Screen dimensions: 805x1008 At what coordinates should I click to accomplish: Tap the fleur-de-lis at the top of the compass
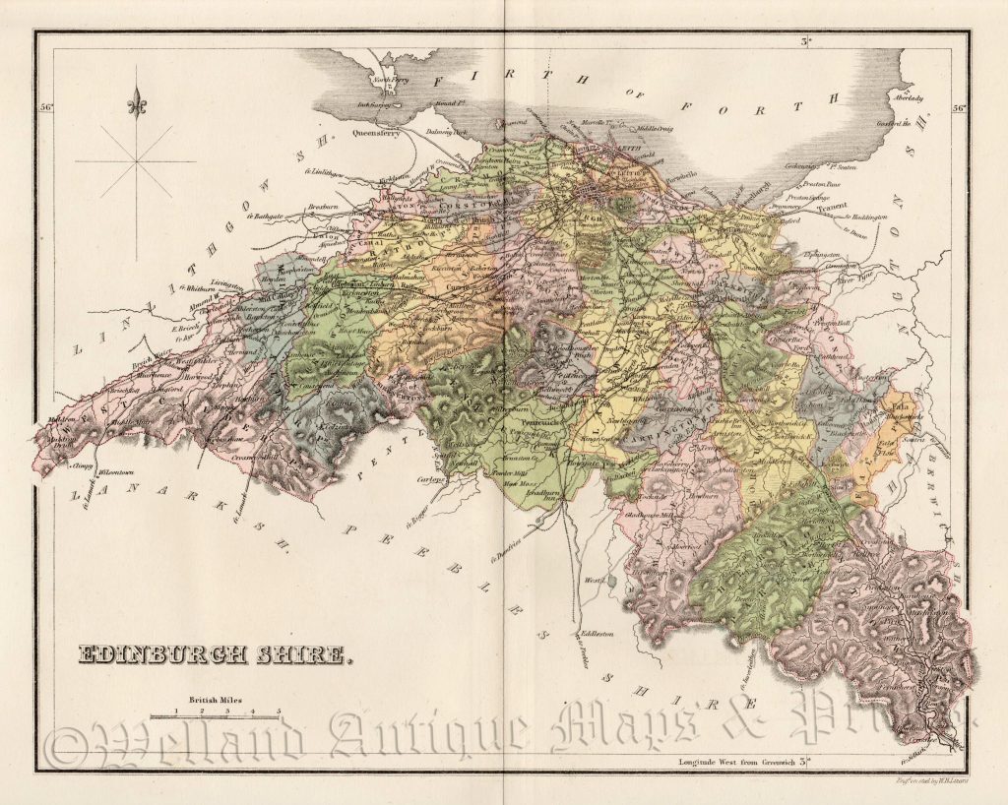pyautogui.click(x=137, y=101)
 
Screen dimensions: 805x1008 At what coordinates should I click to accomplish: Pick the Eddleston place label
pyautogui.click(x=598, y=635)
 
